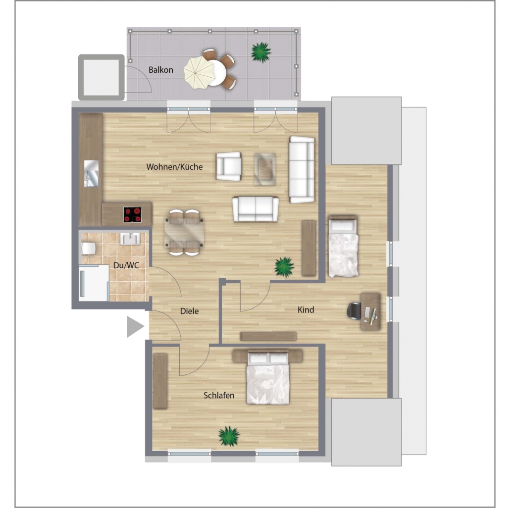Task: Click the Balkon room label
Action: [x=161, y=70]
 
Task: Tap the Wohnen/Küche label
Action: [x=174, y=167]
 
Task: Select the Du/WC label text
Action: [x=126, y=265]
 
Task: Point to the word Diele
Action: [x=189, y=311]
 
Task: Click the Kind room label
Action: [x=306, y=309]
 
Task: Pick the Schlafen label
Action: [x=219, y=396]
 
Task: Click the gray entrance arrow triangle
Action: [x=135, y=326]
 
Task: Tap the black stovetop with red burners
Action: [x=132, y=215]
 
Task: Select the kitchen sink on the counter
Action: [x=91, y=174]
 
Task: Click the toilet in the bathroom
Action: [x=88, y=249]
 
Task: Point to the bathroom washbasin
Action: [x=130, y=238]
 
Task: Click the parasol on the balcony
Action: [x=199, y=72]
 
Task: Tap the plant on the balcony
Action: [x=261, y=51]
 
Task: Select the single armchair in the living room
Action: [x=229, y=166]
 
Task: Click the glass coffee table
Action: [x=265, y=169]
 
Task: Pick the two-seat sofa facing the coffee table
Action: [x=255, y=209]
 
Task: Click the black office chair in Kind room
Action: [x=355, y=311]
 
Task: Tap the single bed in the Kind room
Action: [x=343, y=246]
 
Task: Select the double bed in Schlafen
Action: [x=268, y=377]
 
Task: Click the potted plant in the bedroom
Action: [x=229, y=436]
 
